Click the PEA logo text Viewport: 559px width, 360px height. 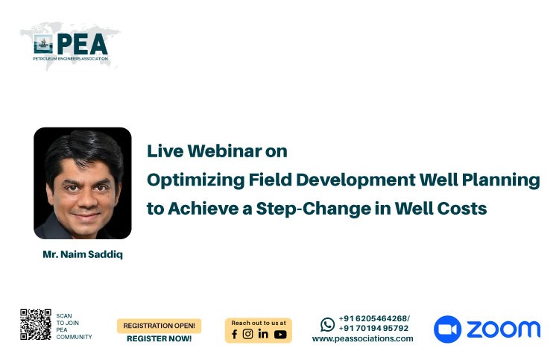click(82, 44)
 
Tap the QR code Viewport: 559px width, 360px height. click(36, 324)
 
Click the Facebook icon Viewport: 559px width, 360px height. click(234, 334)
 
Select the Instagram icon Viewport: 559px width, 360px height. click(247, 334)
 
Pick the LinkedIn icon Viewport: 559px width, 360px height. click(263, 334)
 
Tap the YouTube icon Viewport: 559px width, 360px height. click(280, 335)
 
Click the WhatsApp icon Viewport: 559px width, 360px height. click(328, 325)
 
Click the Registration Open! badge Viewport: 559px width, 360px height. click(159, 326)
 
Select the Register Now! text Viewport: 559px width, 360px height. click(159, 338)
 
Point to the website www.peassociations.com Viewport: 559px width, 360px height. click(362, 338)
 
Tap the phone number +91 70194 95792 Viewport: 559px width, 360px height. click(373, 328)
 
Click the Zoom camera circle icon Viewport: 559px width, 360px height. click(447, 329)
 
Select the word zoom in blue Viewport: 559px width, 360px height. click(503, 329)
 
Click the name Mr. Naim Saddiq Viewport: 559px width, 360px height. click(83, 254)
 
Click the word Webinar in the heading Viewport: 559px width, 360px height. click(224, 151)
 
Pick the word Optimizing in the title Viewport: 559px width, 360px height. click(196, 180)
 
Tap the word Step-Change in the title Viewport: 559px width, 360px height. click(314, 209)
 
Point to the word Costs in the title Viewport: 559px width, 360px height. click(462, 209)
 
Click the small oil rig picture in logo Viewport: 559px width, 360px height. click(43, 44)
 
